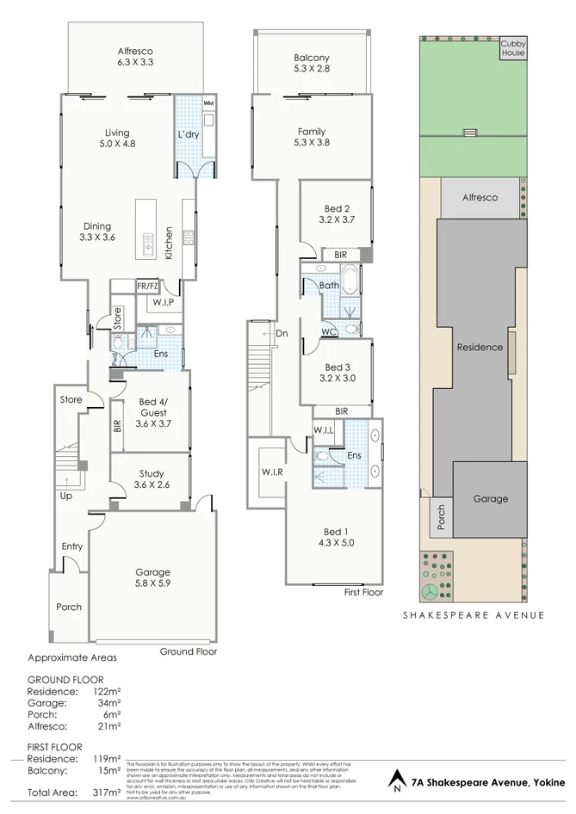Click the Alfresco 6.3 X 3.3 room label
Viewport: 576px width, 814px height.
[135, 57]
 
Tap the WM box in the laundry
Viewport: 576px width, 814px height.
[208, 103]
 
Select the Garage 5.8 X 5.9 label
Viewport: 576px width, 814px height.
[152, 578]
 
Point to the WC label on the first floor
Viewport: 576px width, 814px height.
[328, 331]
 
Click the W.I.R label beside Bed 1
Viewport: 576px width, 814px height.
[273, 472]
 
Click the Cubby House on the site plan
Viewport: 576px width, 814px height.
[513, 48]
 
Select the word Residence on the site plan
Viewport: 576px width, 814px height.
[480, 348]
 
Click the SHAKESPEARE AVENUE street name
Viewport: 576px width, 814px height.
[474, 615]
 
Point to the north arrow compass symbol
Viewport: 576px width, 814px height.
[395, 780]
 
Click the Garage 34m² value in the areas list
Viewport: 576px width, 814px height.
[107, 702]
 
